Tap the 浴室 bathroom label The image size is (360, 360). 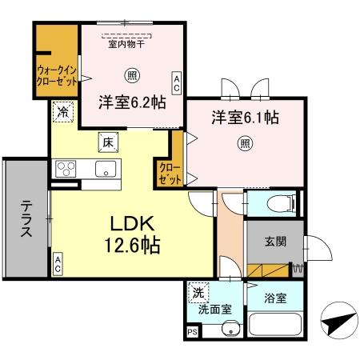(276, 299)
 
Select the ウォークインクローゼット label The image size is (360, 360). (56, 74)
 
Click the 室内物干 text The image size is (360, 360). (126, 45)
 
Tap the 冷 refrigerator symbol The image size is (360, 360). (62, 113)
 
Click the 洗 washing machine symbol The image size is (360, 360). (197, 294)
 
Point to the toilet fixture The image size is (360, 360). (273, 203)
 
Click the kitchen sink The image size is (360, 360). (104, 170)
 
